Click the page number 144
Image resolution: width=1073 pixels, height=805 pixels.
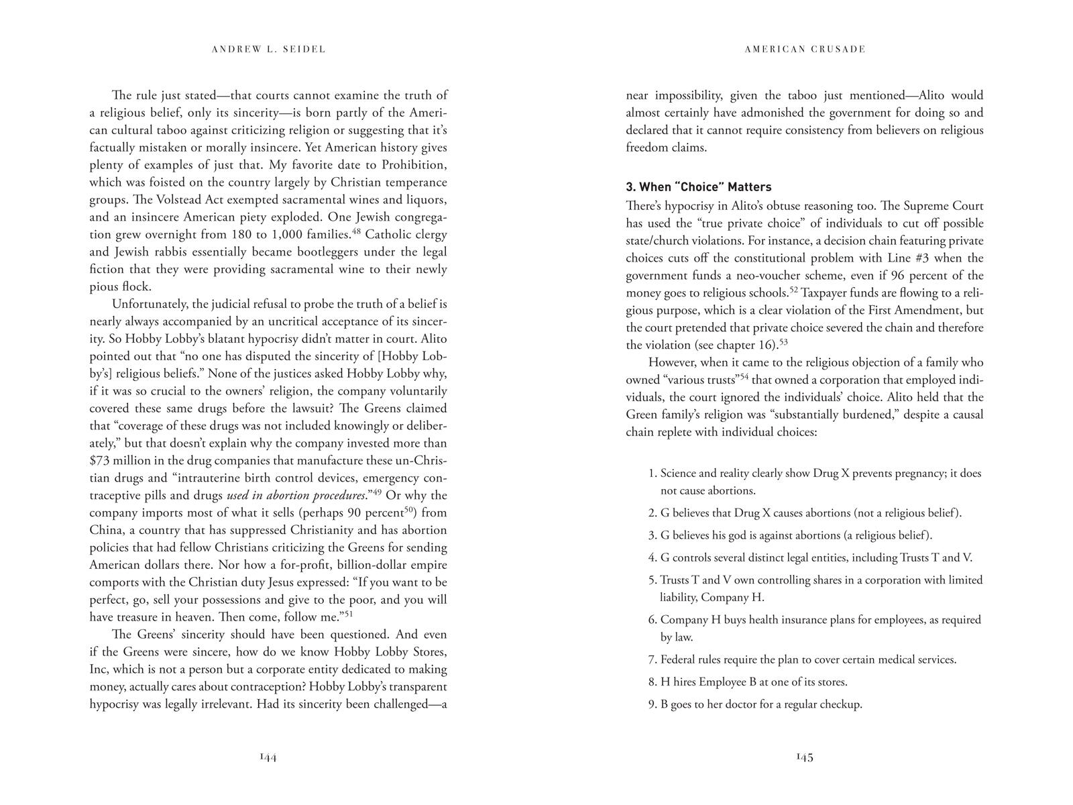[x=268, y=757]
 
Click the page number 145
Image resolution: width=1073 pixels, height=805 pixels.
[x=804, y=757]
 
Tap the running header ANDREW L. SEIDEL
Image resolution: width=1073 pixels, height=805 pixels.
[x=268, y=49]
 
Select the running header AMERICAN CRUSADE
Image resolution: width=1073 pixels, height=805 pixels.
[x=805, y=49]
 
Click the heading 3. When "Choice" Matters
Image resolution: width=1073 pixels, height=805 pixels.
[x=698, y=187]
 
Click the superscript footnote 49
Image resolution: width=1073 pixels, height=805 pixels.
[x=377, y=492]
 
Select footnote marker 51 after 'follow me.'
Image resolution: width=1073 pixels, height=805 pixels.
[x=349, y=612]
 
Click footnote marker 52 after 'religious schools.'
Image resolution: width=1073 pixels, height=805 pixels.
[x=793, y=290]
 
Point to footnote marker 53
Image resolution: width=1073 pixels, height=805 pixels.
[x=783, y=342]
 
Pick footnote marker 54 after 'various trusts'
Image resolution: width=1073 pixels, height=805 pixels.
[x=744, y=376]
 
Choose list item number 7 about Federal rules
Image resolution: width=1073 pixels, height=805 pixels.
[x=802, y=659]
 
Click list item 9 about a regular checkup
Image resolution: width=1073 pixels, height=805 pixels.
[x=755, y=704]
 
